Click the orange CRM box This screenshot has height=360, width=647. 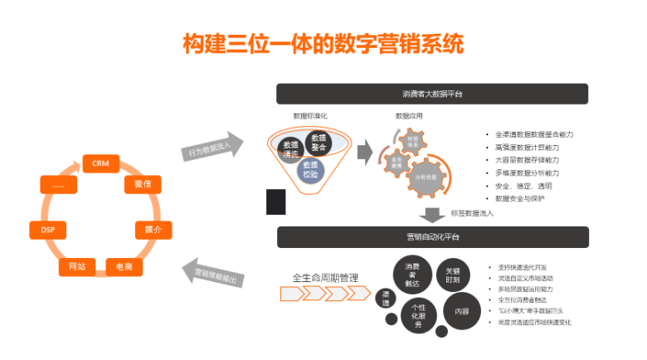[101, 164]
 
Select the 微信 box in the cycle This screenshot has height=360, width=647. [141, 184]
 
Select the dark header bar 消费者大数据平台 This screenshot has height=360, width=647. [432, 93]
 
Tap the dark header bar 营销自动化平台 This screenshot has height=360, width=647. [432, 237]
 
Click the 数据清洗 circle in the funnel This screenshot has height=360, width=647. [289, 146]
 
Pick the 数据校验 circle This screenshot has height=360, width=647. [310, 169]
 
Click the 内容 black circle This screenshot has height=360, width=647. [460, 312]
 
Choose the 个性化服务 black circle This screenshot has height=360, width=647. [418, 315]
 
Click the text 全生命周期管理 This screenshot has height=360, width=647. [325, 277]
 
